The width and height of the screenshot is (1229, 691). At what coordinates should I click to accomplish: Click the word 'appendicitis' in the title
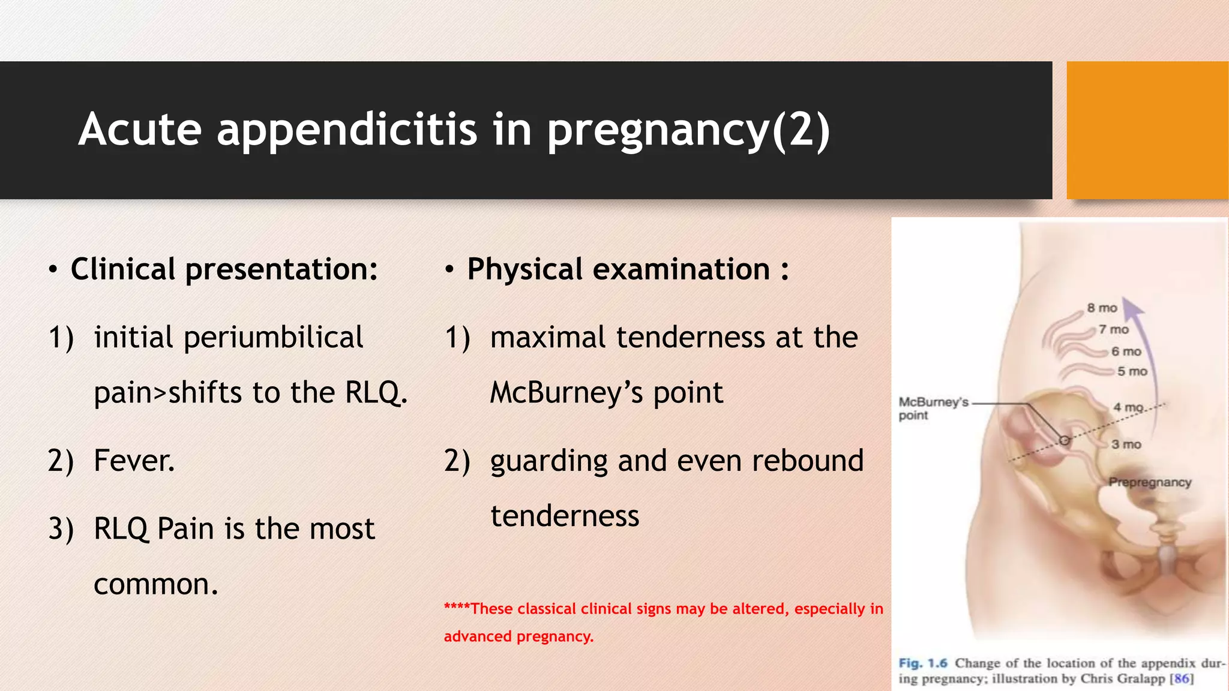(347, 130)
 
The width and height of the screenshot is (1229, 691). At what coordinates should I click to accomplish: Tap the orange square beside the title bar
(1147, 130)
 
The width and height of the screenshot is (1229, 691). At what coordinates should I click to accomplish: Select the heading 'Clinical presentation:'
(224, 269)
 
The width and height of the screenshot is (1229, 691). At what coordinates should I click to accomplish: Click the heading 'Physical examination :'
(627, 269)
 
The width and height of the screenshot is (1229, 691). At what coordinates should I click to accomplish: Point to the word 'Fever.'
(134, 461)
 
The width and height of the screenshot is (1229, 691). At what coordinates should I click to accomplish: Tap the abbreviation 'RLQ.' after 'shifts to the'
(376, 393)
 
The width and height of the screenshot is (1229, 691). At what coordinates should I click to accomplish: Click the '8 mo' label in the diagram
(1102, 308)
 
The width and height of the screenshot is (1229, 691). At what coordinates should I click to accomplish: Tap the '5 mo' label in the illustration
(1132, 371)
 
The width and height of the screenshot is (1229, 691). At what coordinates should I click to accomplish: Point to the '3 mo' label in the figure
(1126, 444)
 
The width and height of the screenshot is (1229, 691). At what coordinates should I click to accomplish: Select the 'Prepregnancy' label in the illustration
(1149, 482)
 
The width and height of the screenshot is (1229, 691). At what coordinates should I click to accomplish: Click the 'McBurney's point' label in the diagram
(933, 408)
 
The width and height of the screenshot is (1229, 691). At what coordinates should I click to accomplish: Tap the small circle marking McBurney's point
(1064, 440)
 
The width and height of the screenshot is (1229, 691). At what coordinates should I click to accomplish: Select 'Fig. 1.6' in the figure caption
(922, 663)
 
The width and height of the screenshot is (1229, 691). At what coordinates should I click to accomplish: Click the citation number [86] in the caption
(1182, 679)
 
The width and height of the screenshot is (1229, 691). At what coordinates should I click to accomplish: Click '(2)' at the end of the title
(801, 130)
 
